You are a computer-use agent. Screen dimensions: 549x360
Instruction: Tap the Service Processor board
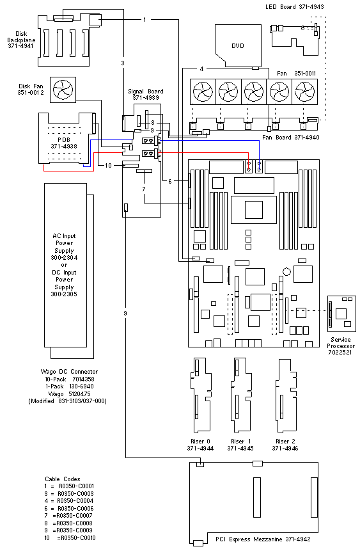pos(341,314)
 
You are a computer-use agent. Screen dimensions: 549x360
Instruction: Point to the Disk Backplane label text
pos(20,40)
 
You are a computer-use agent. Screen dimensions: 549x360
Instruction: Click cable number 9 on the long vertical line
pos(125,313)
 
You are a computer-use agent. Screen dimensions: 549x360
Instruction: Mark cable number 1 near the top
pos(145,20)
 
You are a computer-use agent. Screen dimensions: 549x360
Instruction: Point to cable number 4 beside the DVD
pos(201,68)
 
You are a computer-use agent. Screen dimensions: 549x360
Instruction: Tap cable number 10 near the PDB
pos(109,165)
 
